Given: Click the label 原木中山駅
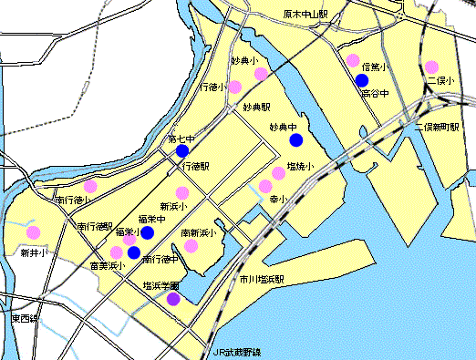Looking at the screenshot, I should (305, 15).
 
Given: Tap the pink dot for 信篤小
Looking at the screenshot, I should (353, 61).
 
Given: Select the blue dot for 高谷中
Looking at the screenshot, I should (362, 80).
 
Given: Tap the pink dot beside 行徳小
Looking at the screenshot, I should (234, 87).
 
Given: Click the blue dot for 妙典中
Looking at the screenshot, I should (295, 139).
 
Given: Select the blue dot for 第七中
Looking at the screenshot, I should (182, 150).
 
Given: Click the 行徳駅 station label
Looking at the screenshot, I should (195, 167).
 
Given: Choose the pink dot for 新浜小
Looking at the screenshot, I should (182, 192).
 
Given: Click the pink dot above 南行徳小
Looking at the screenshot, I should (90, 186).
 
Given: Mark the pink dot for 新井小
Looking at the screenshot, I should (33, 232).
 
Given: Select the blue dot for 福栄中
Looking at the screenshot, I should (147, 231).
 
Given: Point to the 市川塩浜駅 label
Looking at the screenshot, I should (261, 279).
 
